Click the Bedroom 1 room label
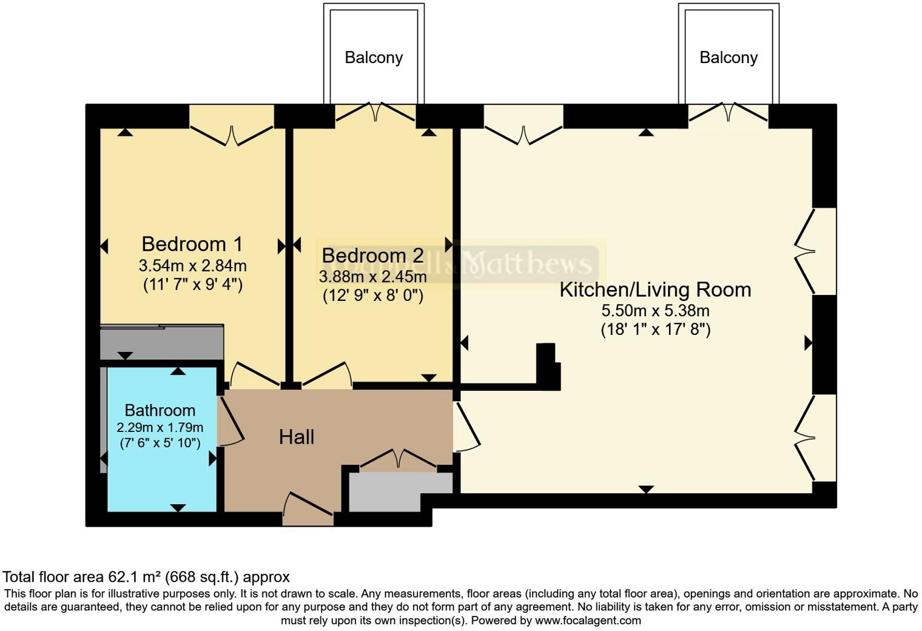(192, 244)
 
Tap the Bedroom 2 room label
(372, 255)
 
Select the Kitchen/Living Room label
(655, 289)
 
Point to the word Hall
(297, 437)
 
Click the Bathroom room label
(160, 410)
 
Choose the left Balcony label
(374, 58)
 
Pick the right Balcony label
(729, 58)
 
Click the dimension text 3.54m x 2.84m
(192, 266)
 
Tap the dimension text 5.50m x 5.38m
(655, 311)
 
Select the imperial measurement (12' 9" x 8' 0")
(372, 295)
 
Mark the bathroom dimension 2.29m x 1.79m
(160, 427)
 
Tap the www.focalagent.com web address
(587, 621)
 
